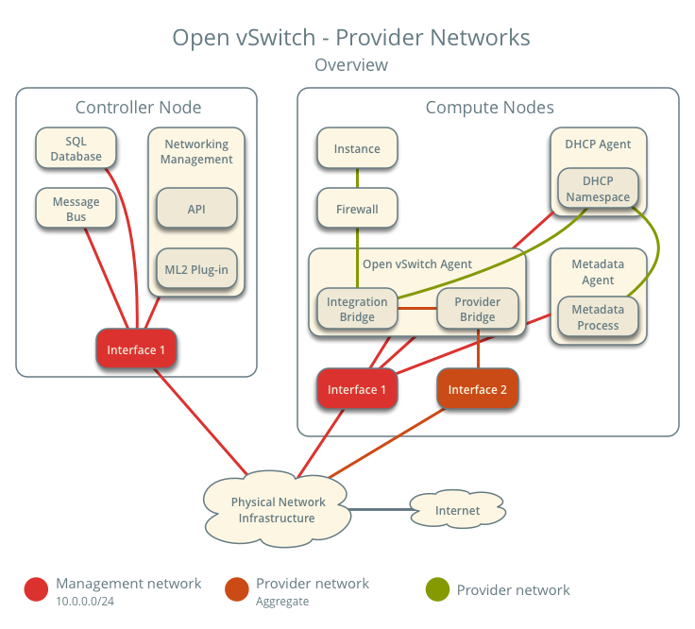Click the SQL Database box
tap(76, 149)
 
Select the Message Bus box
tap(76, 210)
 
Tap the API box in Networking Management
tap(195, 209)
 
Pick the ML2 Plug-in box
tap(195, 269)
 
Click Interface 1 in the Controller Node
tap(136, 349)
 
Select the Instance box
tap(357, 148)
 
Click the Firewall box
tap(357, 209)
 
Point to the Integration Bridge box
tap(357, 310)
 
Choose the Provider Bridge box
tap(477, 310)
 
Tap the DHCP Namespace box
tap(597, 189)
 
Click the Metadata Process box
tap(597, 317)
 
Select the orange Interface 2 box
tap(477, 390)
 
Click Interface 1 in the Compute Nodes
tap(357, 390)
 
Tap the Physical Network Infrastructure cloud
tap(278, 510)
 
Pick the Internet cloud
tap(457, 511)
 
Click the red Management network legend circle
tap(36, 590)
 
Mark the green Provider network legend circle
tap(437, 590)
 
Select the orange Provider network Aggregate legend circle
tap(237, 590)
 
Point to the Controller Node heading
tap(138, 108)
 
